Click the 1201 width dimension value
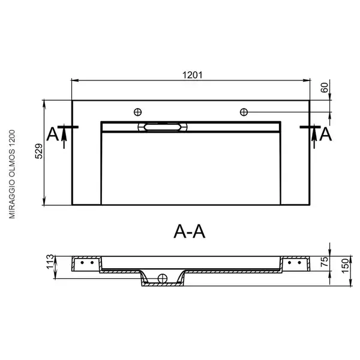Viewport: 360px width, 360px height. point(193,75)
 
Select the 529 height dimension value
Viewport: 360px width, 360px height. point(39,151)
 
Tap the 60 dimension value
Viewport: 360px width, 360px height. point(324,88)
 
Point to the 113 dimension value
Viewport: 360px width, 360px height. point(50,262)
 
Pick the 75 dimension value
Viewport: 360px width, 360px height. point(324,262)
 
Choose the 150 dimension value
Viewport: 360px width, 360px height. point(345,266)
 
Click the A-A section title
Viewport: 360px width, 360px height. point(190,232)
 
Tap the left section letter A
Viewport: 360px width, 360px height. point(53,134)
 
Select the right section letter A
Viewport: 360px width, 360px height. point(326,134)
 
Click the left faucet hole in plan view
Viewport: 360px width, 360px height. point(138,112)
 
